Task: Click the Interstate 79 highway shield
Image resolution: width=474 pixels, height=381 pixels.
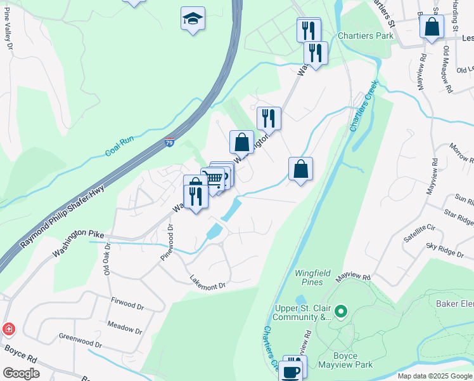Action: [170, 144]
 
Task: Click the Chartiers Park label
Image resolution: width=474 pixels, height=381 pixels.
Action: [366, 36]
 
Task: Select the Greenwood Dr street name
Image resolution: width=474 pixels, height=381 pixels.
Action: [80, 336]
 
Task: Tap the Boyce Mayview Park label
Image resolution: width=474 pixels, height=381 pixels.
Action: [353, 361]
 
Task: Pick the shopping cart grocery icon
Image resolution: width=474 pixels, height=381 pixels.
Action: [214, 179]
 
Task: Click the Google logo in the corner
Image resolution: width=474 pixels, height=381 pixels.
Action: [21, 373]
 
